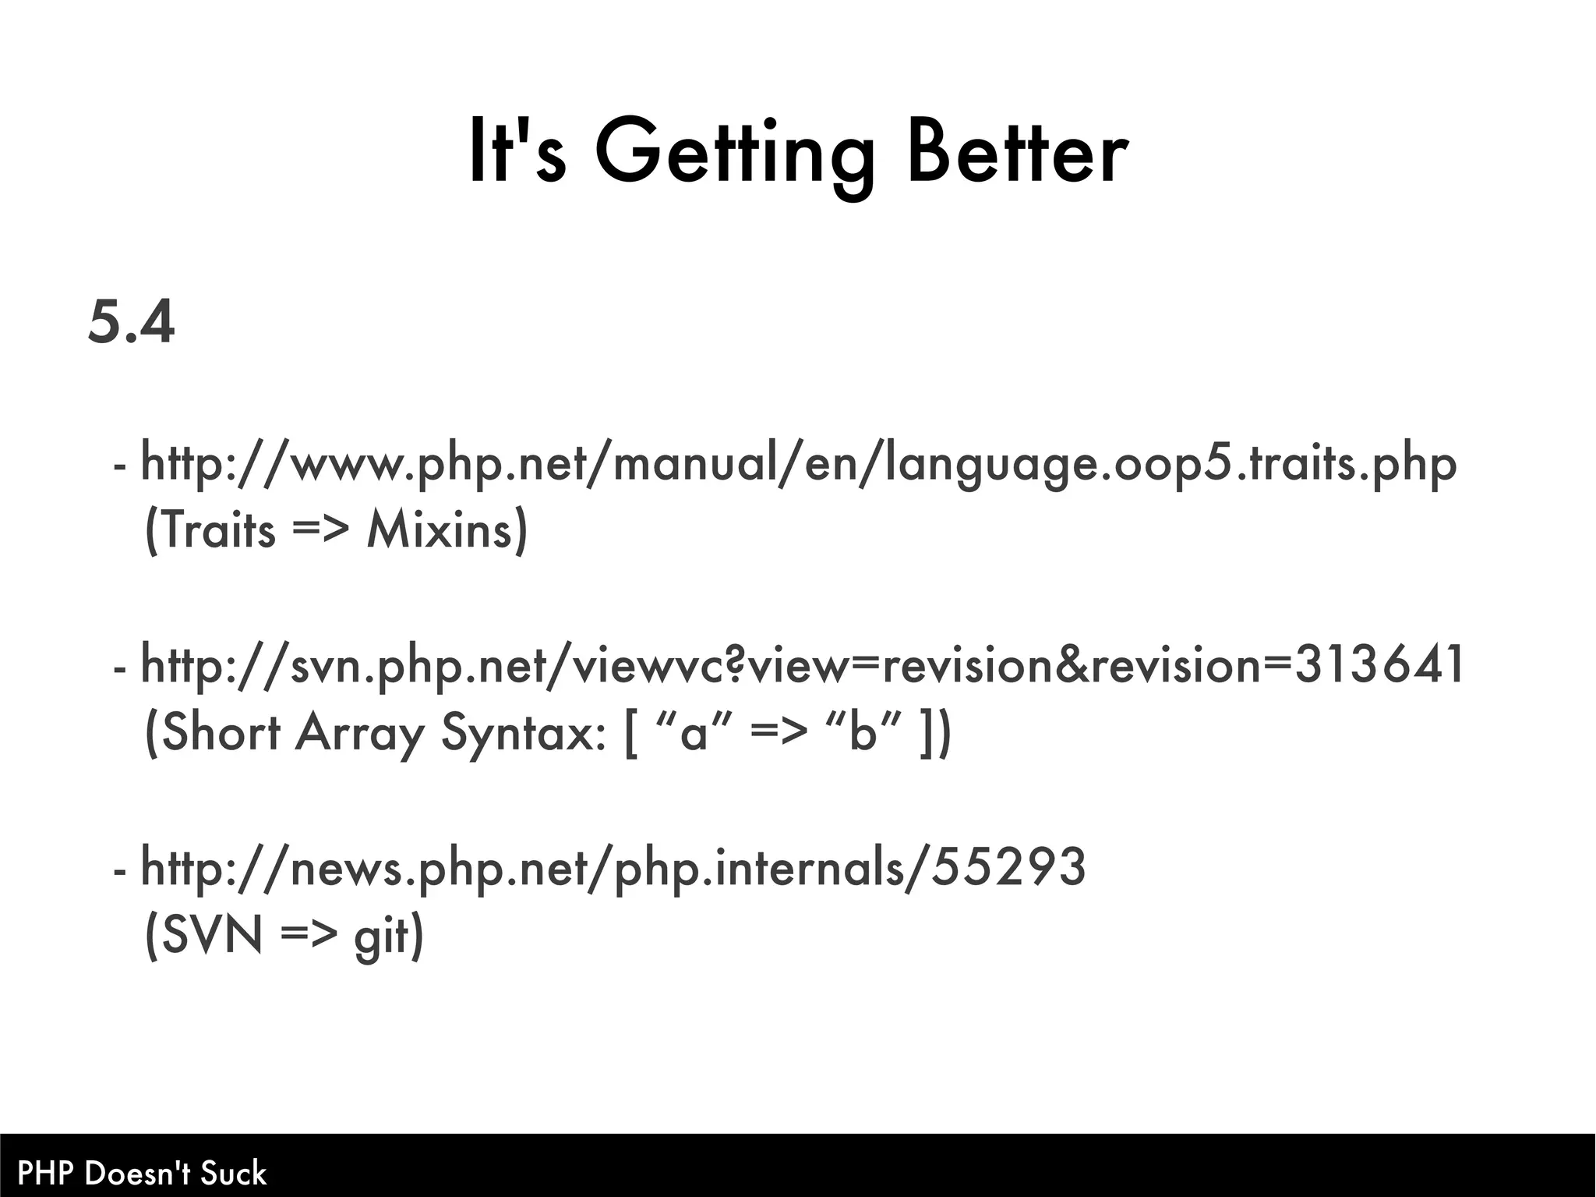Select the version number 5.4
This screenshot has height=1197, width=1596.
pos(131,322)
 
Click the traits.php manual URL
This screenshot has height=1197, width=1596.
pos(798,465)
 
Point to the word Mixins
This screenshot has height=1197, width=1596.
pos(447,531)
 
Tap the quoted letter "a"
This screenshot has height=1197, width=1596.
pos(694,734)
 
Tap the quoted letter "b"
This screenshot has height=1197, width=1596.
pos(863,734)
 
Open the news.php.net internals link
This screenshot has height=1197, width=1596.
pos(613,868)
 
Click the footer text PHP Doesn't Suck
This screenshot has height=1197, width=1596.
pos(142,1173)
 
